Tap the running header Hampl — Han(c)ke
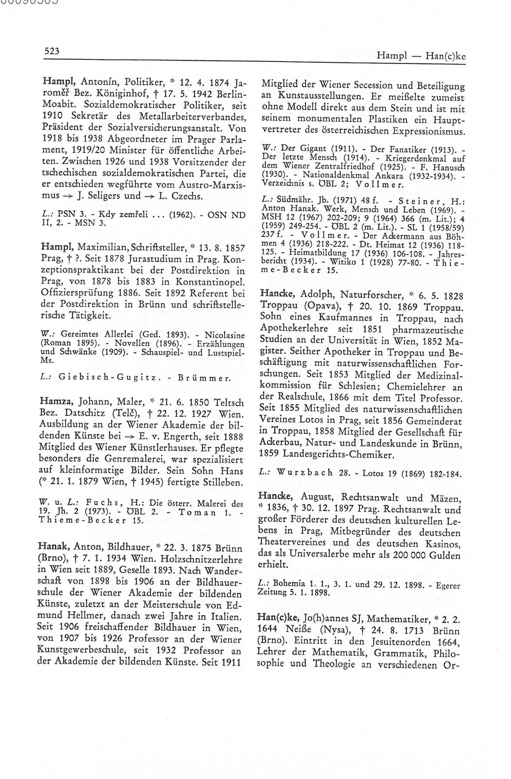point(421,56)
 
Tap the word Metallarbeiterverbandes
point(193,116)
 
